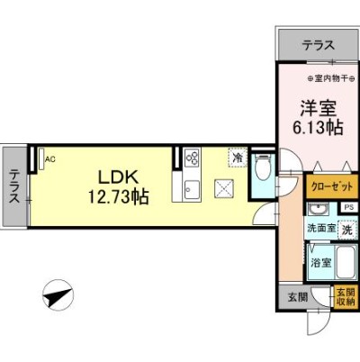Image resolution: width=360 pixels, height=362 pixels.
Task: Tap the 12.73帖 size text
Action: [117, 195]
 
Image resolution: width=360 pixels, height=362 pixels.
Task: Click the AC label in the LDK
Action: [49, 159]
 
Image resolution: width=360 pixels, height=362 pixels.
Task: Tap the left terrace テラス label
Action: [14, 187]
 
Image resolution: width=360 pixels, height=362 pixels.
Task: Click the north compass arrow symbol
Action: [56, 294]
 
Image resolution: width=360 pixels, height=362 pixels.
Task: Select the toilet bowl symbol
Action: [262, 167]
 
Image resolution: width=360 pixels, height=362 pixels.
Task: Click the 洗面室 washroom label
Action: [321, 230]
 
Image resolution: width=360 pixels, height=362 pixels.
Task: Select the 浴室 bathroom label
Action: [321, 263]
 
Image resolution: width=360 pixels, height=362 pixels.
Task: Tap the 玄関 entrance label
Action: [298, 297]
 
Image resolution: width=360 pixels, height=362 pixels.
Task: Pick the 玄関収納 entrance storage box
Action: [345, 296]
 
